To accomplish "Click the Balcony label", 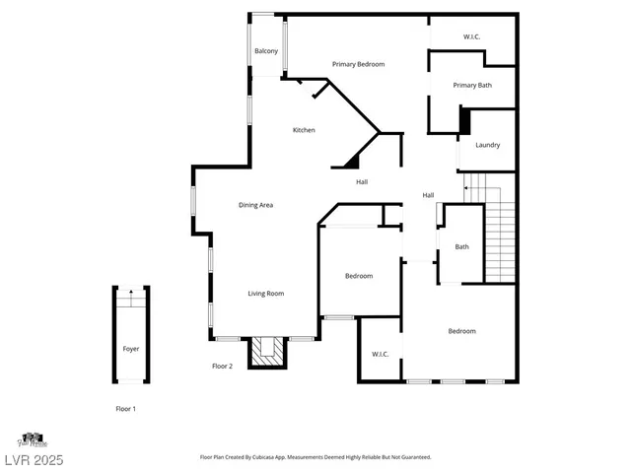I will point(265,51).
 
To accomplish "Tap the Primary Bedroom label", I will point(358,64).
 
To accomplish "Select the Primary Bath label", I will point(472,86).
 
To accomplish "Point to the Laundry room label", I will point(487,145).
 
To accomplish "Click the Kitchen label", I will point(304,130).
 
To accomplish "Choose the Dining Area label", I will point(255,205).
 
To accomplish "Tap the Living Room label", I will point(265,294).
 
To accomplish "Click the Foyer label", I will point(130,350).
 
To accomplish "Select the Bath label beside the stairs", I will point(461,246).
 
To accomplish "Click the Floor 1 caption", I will point(125,408).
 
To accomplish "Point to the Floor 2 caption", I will point(222,366).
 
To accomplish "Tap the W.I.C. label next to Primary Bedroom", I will point(471,37).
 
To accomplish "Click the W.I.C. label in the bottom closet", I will point(381,354).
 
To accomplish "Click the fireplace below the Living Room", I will point(264,352).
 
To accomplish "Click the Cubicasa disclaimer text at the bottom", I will point(315,457).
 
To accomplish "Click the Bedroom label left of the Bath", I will point(359,276).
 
